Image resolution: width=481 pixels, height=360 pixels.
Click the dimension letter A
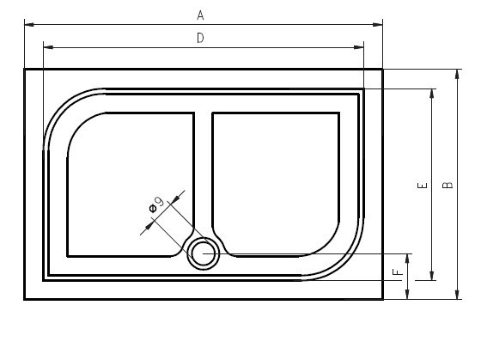pyautogui.click(x=200, y=15)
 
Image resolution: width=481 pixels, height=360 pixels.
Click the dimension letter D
pyautogui.click(x=200, y=39)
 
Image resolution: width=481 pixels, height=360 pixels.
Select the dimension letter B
pyautogui.click(x=448, y=185)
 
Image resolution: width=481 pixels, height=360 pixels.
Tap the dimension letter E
pyautogui.click(x=423, y=185)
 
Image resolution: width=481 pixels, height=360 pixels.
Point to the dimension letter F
pyautogui.click(x=398, y=272)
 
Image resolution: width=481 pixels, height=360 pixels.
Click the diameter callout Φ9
pyautogui.click(x=156, y=204)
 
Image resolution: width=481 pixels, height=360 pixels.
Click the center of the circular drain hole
pyautogui.click(x=203, y=253)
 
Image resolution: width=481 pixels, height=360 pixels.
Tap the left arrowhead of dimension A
pyautogui.click(x=29, y=24)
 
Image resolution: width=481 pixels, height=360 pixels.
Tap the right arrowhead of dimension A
pyautogui.click(x=378, y=24)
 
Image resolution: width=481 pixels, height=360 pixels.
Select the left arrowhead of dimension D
pyautogui.click(x=48, y=47)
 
